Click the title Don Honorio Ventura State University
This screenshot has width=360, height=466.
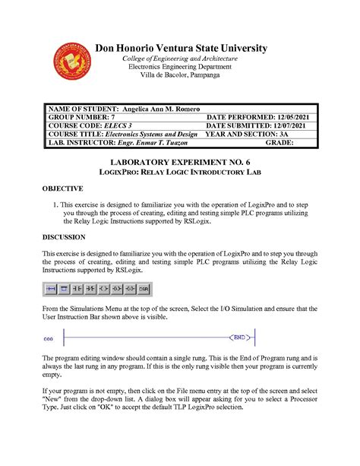click(x=181, y=48)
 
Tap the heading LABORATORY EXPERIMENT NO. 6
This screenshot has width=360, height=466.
click(x=181, y=163)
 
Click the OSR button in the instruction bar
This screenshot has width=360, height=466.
click(x=144, y=289)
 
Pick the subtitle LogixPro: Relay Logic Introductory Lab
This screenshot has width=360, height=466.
click(x=181, y=173)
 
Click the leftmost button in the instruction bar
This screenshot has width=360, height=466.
click(x=52, y=289)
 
